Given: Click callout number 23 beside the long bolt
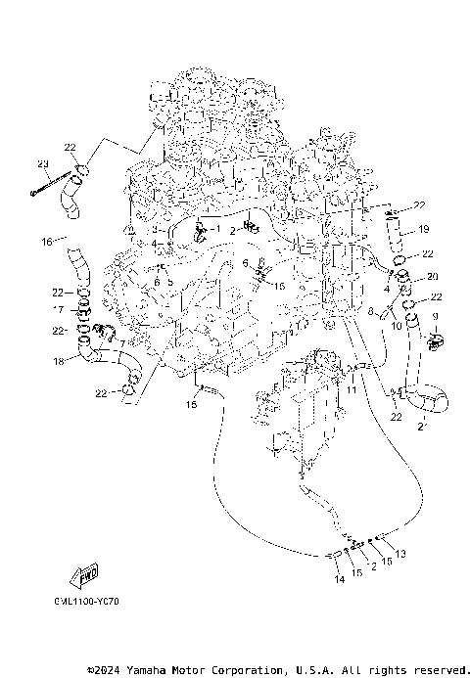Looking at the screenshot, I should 43,162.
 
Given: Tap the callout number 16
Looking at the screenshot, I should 46,241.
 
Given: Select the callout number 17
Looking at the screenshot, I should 58,310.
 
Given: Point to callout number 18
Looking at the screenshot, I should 58,362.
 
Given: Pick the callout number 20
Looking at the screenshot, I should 432,276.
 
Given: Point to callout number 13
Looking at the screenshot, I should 399,555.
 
